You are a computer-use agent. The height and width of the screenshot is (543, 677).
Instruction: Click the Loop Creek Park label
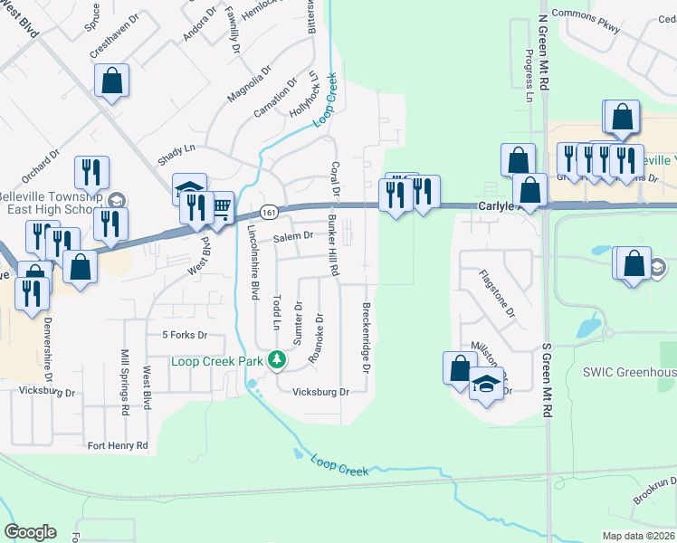pyautogui.click(x=217, y=361)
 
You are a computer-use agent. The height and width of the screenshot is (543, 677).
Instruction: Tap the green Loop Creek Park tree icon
pyautogui.click(x=277, y=361)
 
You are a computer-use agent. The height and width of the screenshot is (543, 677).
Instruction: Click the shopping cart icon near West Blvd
pyautogui.click(x=220, y=207)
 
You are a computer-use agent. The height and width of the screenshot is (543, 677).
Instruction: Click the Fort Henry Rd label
pyautogui.click(x=117, y=445)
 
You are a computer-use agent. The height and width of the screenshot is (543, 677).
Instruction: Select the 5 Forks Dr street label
pyautogui.click(x=185, y=335)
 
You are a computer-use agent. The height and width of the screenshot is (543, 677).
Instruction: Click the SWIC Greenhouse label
pyautogui.click(x=628, y=372)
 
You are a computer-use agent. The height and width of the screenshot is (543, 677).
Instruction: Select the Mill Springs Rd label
pyautogui.click(x=125, y=380)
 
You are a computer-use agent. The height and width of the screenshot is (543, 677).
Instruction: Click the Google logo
pyautogui.click(x=30, y=532)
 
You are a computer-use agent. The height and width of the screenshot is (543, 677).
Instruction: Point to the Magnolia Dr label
pyautogui.click(x=249, y=82)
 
